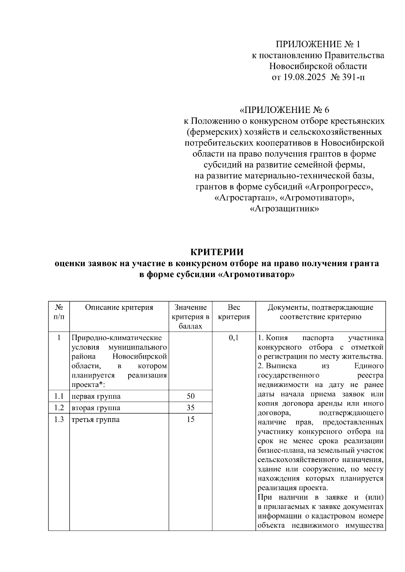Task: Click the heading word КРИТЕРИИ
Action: pyautogui.click(x=217, y=252)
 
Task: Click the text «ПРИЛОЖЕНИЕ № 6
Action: pyautogui.click(x=284, y=110)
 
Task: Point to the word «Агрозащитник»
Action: pyautogui.click(x=284, y=209)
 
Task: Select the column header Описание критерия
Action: pyautogui.click(x=119, y=307)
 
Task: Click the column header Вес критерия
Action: pyautogui.click(x=234, y=312)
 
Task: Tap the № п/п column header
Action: pyautogui.click(x=59, y=312)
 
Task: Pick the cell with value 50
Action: pyautogui.click(x=190, y=396)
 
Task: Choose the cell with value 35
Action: pyautogui.click(x=190, y=408)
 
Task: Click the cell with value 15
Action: pyautogui.click(x=190, y=420)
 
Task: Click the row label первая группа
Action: pyautogui.click(x=96, y=396)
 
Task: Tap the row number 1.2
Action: pyautogui.click(x=59, y=408)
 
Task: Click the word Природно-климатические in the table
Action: pyautogui.click(x=117, y=338)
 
